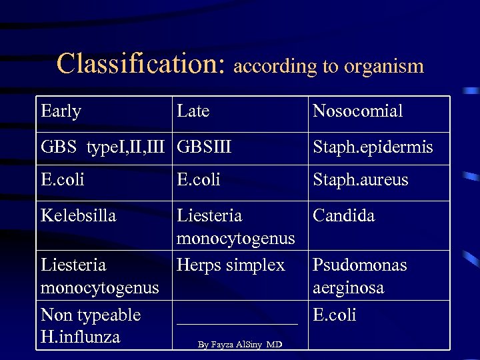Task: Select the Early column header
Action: (61, 111)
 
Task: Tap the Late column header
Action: (193, 111)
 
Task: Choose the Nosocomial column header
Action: (358, 111)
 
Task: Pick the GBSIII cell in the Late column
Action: (204, 147)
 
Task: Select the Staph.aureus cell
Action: (361, 180)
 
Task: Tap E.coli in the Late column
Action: (199, 180)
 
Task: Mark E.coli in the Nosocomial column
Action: (335, 315)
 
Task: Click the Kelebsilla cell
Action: (78, 216)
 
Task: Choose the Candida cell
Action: (343, 216)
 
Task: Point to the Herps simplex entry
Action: (230, 265)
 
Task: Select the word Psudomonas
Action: (359, 265)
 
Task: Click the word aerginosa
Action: (348, 287)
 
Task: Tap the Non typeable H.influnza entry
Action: (91, 325)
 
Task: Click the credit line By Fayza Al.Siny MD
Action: (239, 345)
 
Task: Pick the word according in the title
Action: (274, 65)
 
